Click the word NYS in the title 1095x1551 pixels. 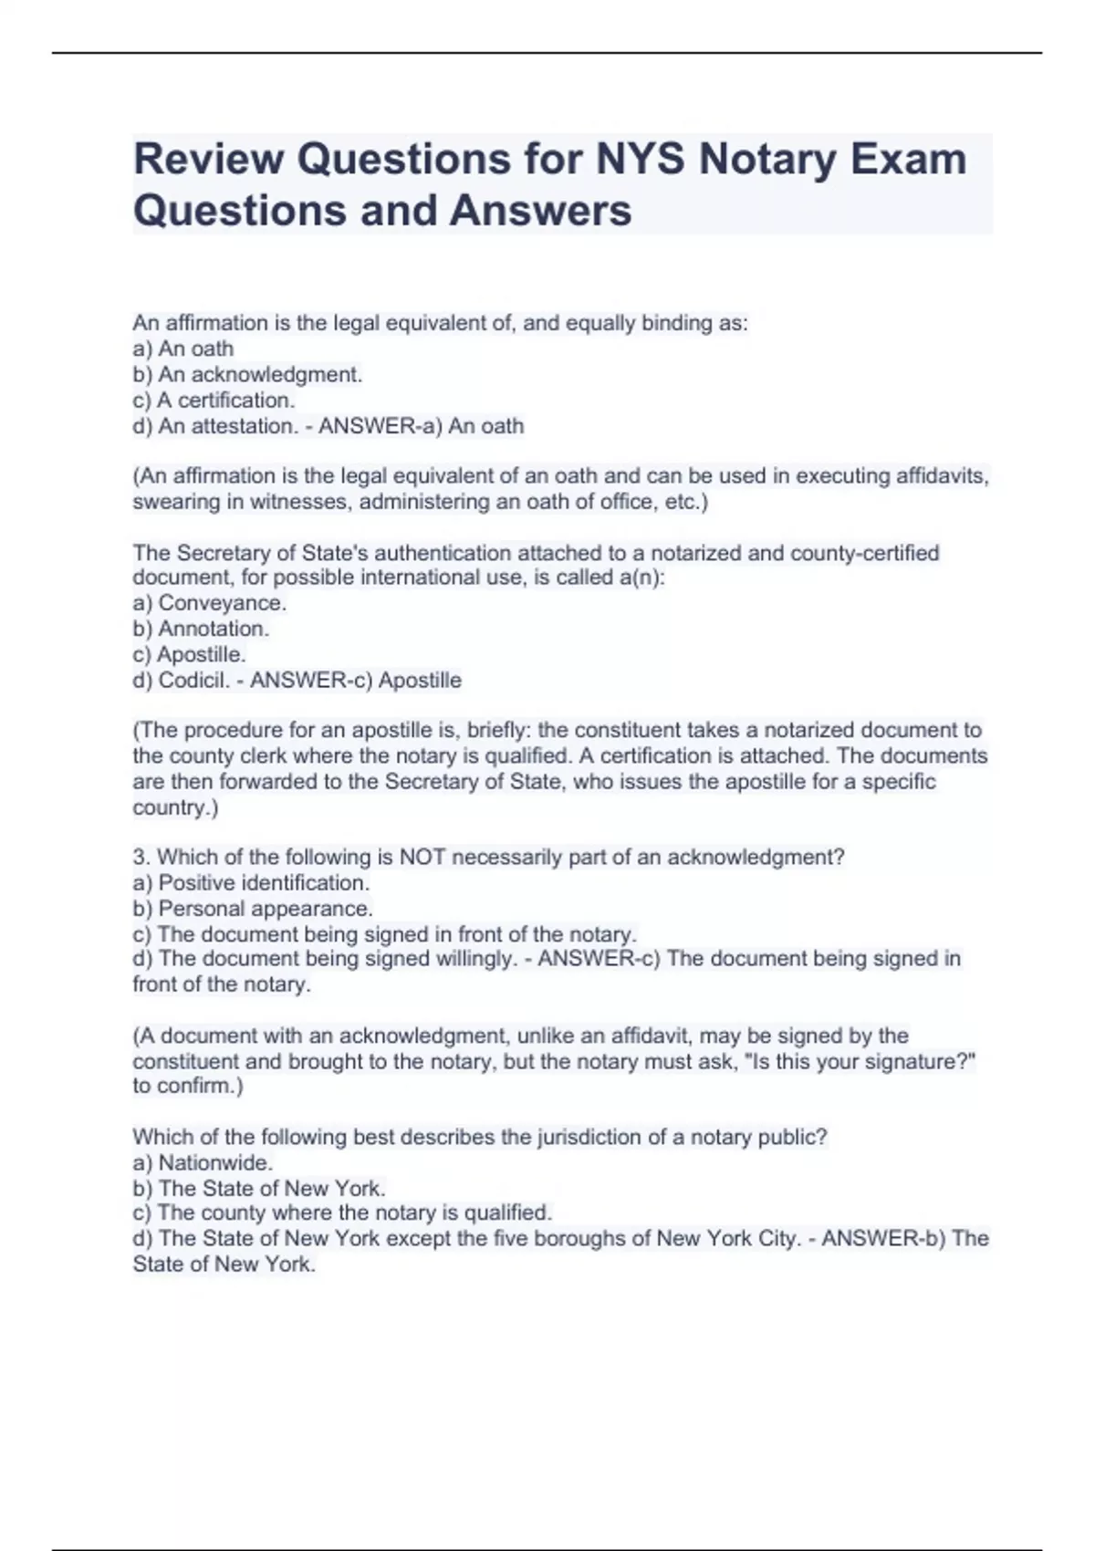[x=640, y=159]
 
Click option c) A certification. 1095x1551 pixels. [x=214, y=400]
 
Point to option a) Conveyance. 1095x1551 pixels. [x=210, y=603]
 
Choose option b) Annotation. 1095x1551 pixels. [x=201, y=629]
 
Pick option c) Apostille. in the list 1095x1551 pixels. [x=190, y=654]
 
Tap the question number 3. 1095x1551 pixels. [x=140, y=857]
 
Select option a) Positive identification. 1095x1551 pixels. [x=251, y=882]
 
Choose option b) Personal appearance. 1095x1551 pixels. [x=253, y=909]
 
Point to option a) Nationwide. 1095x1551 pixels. [x=203, y=1162]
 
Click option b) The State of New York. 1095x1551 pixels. [x=259, y=1188]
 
